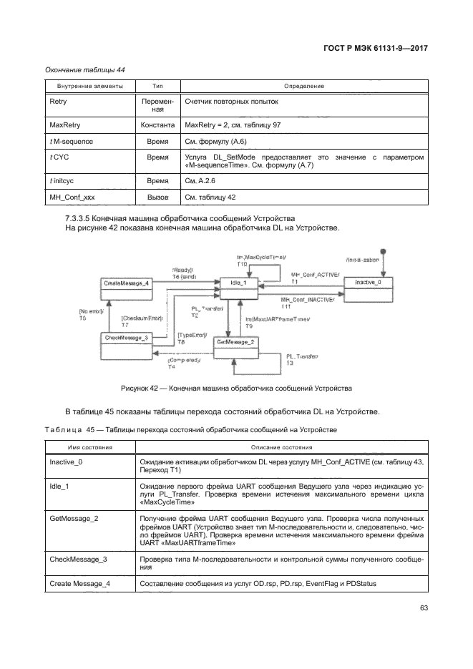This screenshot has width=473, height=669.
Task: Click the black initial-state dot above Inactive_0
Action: (x=384, y=251)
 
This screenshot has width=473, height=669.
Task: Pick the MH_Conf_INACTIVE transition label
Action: (x=306, y=301)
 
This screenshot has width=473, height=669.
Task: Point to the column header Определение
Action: (x=303, y=87)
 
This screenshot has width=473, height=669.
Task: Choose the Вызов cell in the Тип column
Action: (x=157, y=197)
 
